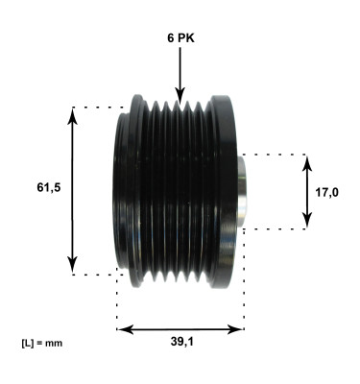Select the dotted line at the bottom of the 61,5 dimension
click(x=96, y=275)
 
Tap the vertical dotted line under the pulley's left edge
click(x=117, y=302)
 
